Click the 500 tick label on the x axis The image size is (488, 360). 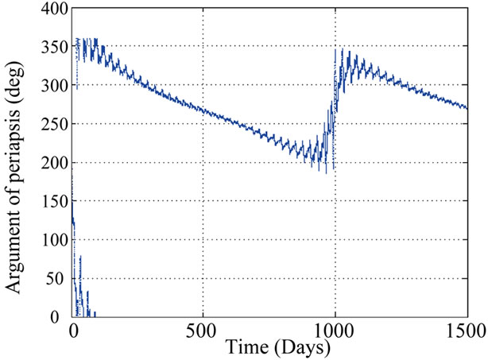tap(203, 331)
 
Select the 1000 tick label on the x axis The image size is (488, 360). tap(335, 331)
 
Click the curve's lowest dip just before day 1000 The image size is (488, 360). tap(322, 172)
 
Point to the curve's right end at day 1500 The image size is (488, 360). tap(467, 108)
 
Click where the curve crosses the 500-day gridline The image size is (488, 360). tap(203, 110)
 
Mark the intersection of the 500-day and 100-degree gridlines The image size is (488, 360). tap(203, 240)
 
